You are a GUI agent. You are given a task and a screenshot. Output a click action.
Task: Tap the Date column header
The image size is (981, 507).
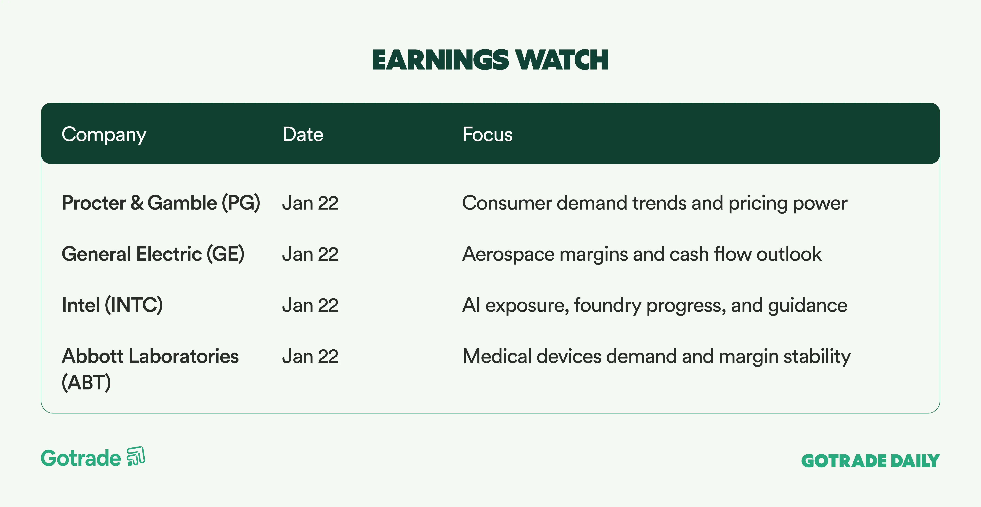coord(303,134)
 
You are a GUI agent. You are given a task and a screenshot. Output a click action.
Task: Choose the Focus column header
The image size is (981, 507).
coord(487,134)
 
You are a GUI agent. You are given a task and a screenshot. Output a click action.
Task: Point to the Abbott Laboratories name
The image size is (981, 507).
coord(150,356)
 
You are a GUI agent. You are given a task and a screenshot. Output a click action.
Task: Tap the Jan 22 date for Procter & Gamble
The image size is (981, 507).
coord(310,203)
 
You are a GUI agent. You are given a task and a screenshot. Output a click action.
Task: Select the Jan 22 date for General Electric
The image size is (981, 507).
coord(310,254)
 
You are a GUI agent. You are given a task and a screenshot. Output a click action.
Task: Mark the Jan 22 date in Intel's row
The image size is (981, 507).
coord(310,305)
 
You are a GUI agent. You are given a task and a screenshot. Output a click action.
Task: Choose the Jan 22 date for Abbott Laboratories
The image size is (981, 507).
coord(310,357)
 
